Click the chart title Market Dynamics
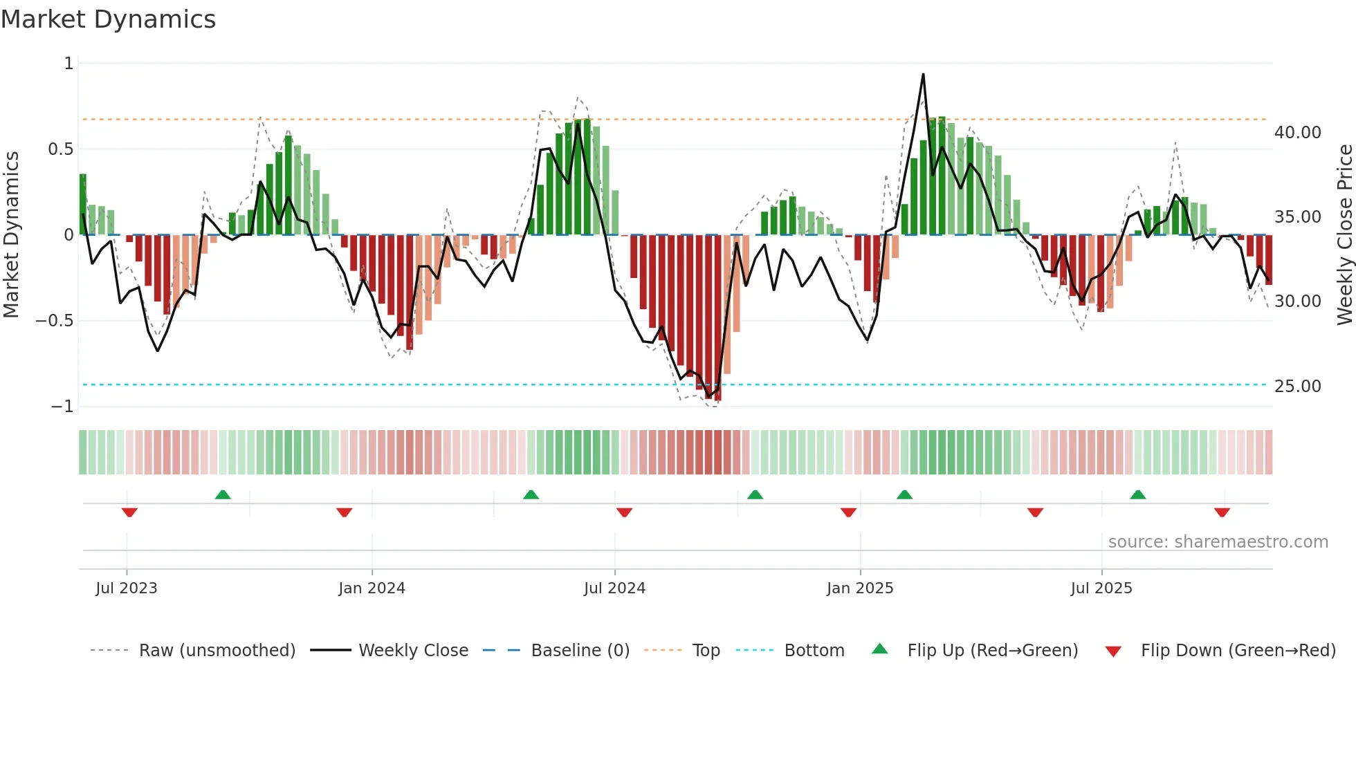108,19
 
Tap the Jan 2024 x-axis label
372,588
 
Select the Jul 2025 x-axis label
1101,588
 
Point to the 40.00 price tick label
1297,133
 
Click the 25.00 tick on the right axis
1297,387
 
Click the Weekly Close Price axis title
1344,235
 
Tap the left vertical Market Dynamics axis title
11,235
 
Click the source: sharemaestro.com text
1218,542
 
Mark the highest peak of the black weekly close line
923,75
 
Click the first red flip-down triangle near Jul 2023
129,512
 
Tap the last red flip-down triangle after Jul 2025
1222,512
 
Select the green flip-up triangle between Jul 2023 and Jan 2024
223,494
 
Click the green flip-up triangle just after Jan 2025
904,494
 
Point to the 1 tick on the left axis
68,64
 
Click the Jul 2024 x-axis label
614,588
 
